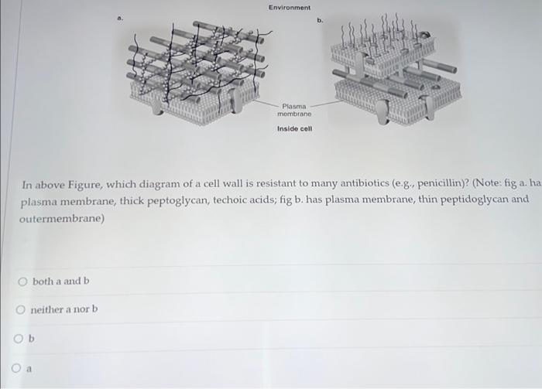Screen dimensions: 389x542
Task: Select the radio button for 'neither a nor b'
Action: (22, 310)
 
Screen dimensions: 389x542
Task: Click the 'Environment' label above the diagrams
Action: (289, 8)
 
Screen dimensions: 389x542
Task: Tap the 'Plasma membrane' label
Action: (294, 110)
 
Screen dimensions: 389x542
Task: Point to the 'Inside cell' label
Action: (294, 129)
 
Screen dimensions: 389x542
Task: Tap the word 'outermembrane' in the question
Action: (60, 219)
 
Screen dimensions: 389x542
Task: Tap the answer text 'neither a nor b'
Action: (64, 310)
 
